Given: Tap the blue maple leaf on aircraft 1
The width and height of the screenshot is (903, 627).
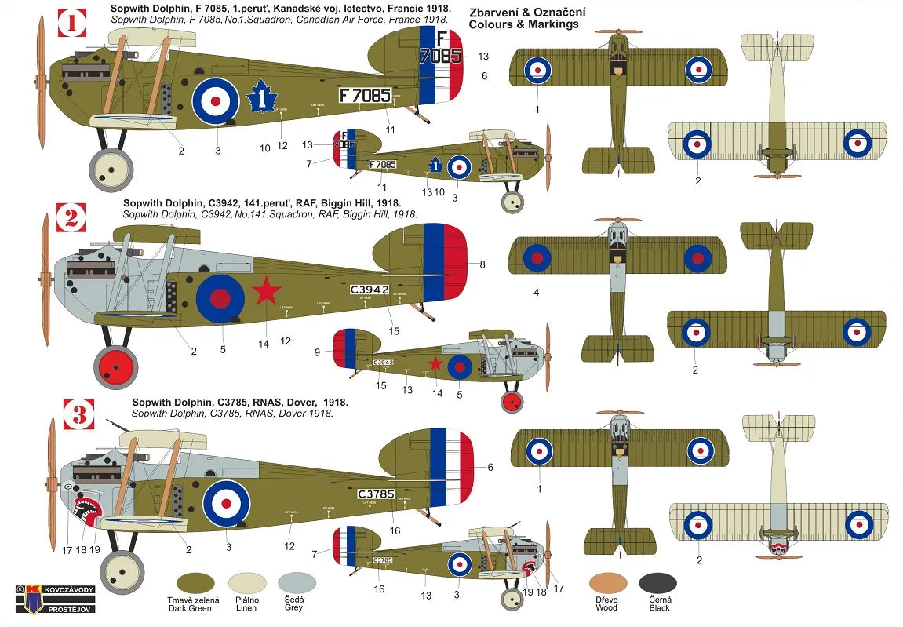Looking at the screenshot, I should tap(262, 101).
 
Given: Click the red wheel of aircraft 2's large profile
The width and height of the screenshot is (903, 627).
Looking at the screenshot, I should tap(115, 366).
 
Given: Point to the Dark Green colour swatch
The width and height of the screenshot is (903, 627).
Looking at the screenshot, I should tap(195, 582).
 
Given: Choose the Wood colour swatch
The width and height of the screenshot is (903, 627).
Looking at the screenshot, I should tap(607, 582).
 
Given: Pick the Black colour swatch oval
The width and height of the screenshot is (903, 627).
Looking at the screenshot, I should tap(657, 582).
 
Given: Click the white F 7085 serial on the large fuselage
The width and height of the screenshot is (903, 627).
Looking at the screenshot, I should tap(365, 95).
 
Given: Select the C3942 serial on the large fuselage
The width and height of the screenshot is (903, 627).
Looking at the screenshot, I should tap(370, 290).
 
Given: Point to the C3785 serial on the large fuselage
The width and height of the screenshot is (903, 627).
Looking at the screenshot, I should tap(377, 494).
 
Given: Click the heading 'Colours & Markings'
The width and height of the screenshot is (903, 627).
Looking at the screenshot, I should tap(523, 24).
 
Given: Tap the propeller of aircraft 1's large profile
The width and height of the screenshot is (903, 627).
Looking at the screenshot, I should tap(41, 82).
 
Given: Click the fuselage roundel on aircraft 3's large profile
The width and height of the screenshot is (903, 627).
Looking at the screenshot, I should tap(227, 503).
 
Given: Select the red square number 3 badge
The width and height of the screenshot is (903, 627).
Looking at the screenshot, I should tap(78, 414).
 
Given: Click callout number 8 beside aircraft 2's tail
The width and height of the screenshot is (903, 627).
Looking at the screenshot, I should tap(482, 264).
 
